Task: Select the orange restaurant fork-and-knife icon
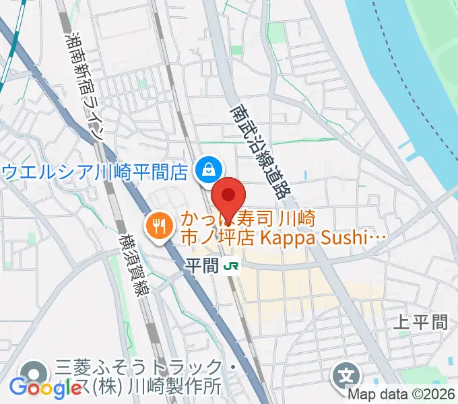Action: [x=159, y=225]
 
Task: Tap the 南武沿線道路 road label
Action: [x=259, y=149]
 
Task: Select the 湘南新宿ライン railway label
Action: [x=84, y=83]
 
